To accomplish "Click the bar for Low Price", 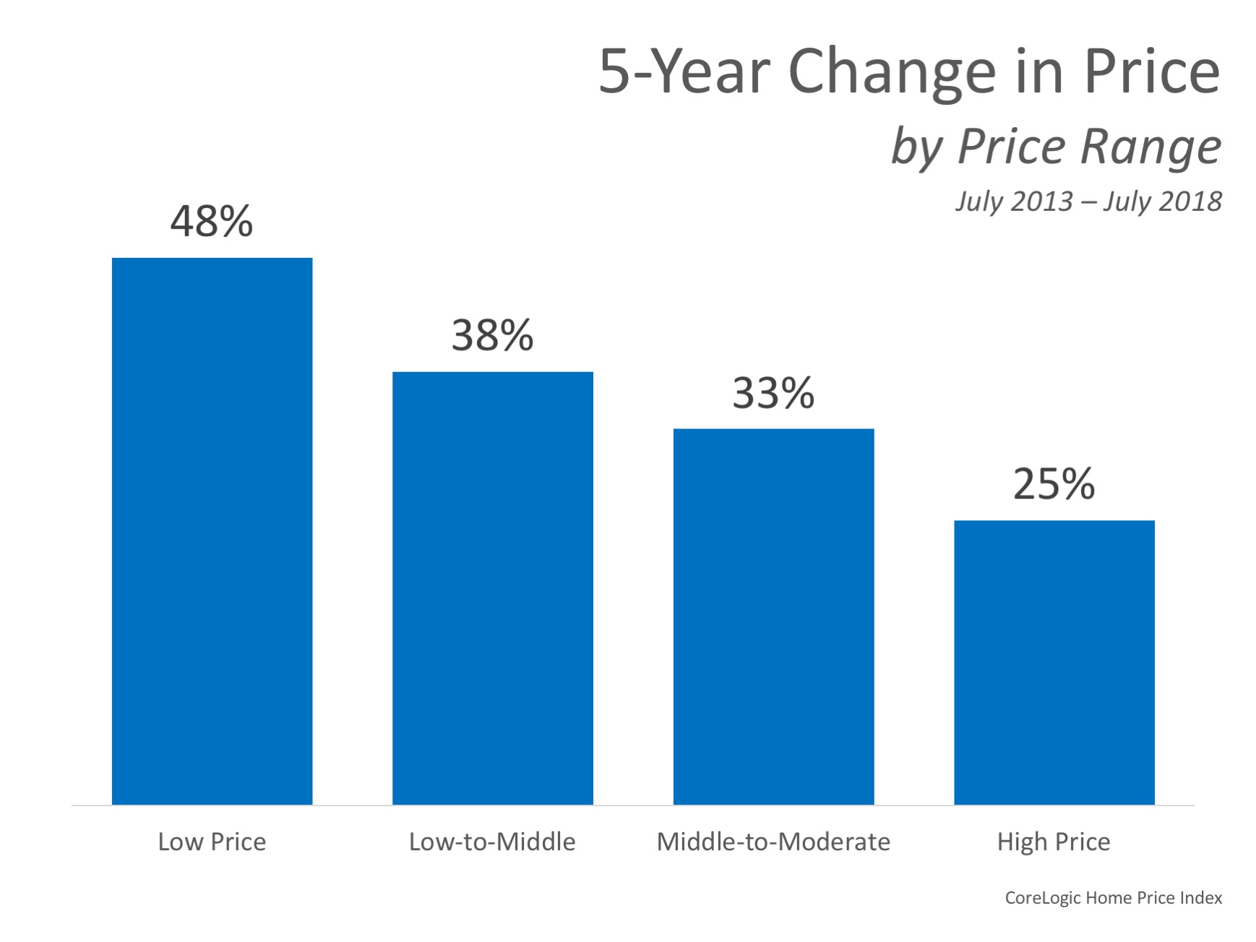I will pos(212,531).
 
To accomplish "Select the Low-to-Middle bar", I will pos(492,588).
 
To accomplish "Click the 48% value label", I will pos(212,221).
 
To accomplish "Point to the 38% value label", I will pos(492,335).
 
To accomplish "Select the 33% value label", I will pos(773,393).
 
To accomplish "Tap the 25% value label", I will pos(1054,484).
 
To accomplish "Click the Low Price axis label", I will pos(212,842).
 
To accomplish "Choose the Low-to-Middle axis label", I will pos(492,842).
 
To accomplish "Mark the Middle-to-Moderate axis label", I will pos(773,842).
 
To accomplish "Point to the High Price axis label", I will pos(1054,842).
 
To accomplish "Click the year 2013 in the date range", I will pos(1042,202).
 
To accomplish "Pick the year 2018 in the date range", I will pos(1190,202).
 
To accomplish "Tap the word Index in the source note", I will pos(1200,898).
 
